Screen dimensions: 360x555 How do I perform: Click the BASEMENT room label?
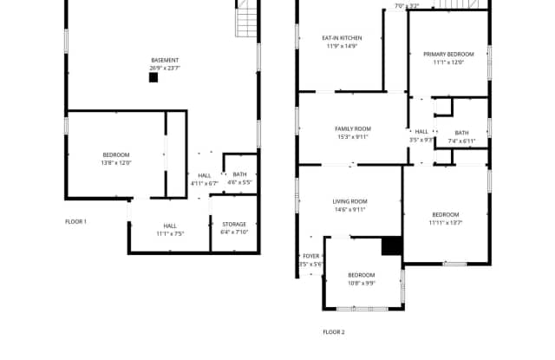165,60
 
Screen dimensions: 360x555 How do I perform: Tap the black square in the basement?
153,77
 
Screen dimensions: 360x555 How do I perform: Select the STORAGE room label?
234,224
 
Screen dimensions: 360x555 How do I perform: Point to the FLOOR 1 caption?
76,221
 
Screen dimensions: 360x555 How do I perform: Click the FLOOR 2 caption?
334,332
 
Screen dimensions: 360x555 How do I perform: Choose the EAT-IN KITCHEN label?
342,38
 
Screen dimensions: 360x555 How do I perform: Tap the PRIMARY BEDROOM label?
448,54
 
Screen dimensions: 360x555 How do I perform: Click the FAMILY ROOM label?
353,128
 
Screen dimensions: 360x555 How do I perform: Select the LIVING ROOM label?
350,201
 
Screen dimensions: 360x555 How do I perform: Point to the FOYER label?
310,256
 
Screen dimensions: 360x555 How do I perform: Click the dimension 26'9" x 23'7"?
165,68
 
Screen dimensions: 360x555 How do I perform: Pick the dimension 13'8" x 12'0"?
115,162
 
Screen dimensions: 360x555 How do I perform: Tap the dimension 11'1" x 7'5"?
170,232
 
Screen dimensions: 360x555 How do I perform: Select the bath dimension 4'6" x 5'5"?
239,182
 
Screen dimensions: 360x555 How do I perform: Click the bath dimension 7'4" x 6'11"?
461,141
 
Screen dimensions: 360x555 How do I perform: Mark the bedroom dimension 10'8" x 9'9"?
361,283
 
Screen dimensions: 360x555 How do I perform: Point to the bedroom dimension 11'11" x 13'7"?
446,222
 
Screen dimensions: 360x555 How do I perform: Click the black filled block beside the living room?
392,246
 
